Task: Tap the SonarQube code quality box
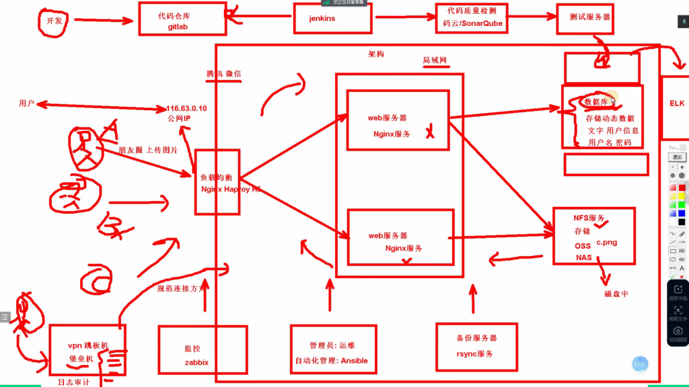click(x=473, y=17)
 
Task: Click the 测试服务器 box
click(x=585, y=18)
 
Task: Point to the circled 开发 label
click(x=55, y=21)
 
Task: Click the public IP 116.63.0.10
click(x=186, y=108)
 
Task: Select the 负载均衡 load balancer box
click(x=217, y=182)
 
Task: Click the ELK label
click(x=676, y=104)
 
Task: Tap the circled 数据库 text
click(x=597, y=102)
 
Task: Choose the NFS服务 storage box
click(x=593, y=236)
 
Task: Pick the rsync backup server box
click(x=476, y=345)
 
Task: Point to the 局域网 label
click(x=435, y=60)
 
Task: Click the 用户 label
click(x=27, y=103)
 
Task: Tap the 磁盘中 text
click(x=616, y=294)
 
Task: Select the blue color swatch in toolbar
click(x=682, y=213)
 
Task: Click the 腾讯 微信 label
click(x=224, y=74)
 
